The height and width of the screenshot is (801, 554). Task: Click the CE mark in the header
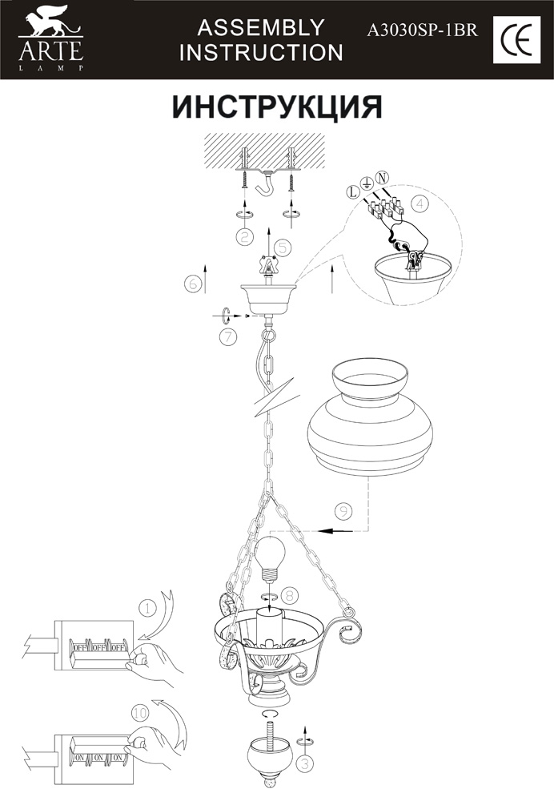(x=516, y=40)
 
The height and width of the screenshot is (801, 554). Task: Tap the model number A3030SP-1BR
(x=422, y=30)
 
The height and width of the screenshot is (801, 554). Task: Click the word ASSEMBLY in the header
(x=261, y=27)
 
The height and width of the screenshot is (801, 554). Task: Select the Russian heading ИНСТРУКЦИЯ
(x=277, y=107)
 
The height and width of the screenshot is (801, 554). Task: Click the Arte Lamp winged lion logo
(x=50, y=22)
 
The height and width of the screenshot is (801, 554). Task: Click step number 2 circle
(x=245, y=236)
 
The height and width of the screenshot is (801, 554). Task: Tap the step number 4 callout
(x=420, y=203)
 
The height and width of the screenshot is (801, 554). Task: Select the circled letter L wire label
(x=352, y=192)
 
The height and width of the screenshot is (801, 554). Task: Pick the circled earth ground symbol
(x=366, y=183)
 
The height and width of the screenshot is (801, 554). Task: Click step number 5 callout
(x=283, y=247)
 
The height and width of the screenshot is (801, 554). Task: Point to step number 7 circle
(x=227, y=337)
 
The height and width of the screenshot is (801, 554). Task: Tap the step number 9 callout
(x=343, y=511)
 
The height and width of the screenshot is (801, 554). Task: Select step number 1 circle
(x=147, y=608)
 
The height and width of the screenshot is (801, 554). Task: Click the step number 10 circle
(x=139, y=712)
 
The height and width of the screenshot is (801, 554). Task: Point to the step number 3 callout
(x=305, y=763)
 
